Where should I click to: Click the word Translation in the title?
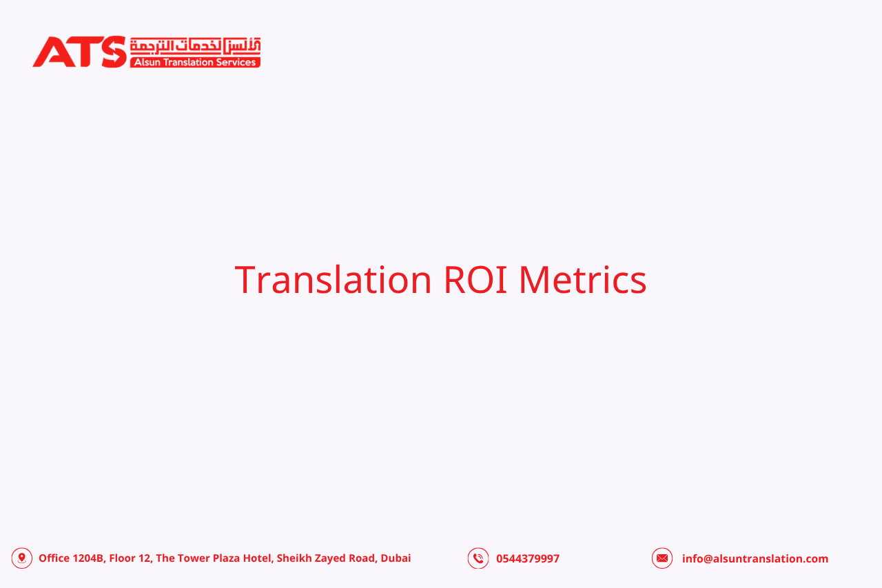click(x=333, y=280)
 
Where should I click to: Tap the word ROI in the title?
click(x=475, y=280)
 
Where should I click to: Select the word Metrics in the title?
click(x=582, y=280)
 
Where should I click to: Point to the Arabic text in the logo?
click(x=195, y=45)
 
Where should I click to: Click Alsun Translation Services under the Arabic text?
click(x=195, y=62)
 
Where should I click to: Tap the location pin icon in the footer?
click(x=22, y=558)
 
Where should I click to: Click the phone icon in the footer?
click(x=478, y=558)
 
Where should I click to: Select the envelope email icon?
click(x=662, y=558)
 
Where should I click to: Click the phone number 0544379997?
click(x=528, y=558)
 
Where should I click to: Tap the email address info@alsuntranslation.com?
click(x=755, y=558)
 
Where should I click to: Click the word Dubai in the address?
click(x=396, y=558)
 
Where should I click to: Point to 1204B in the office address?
click(x=89, y=558)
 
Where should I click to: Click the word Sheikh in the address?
click(x=294, y=558)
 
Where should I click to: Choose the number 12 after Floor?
click(x=143, y=558)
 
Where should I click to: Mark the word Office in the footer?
click(x=54, y=558)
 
